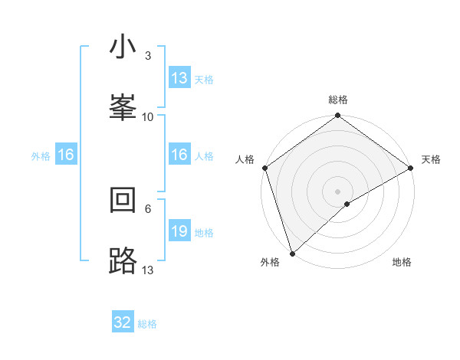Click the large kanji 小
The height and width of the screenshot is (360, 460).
[123, 48]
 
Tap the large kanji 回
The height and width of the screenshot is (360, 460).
[123, 201]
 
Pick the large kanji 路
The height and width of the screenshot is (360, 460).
[123, 260]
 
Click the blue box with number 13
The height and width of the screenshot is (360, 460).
[179, 78]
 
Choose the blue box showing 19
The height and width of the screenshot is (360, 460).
[179, 231]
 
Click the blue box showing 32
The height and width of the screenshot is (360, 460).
[123, 322]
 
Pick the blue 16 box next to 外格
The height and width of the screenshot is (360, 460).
[66, 155]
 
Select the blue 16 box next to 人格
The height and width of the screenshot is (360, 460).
[179, 155]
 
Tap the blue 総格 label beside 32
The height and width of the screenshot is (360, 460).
[148, 324]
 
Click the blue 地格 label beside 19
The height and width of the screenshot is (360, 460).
[204, 233]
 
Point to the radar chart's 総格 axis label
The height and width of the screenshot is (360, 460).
[338, 100]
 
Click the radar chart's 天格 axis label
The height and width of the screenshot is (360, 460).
[431, 159]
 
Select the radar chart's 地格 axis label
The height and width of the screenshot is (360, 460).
[402, 262]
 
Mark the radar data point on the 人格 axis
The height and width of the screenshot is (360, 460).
[264, 168]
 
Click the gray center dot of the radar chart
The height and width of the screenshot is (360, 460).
[338, 191]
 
